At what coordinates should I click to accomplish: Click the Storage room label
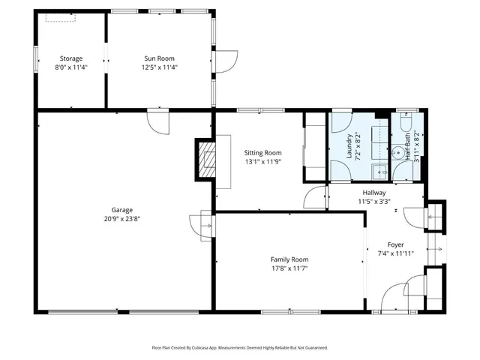[71, 58]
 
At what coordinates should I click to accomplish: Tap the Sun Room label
[160, 58]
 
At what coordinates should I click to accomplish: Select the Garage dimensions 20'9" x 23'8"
[122, 220]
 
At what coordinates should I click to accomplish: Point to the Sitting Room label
[262, 152]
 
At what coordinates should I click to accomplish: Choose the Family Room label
[289, 259]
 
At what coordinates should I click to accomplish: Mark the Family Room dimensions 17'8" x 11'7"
[289, 268]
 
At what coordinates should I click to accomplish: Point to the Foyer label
[396, 245]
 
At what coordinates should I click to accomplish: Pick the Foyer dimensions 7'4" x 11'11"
[396, 254]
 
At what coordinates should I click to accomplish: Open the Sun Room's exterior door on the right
[226, 61]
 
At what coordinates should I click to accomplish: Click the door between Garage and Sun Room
[159, 120]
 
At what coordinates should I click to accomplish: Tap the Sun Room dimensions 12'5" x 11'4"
[160, 67]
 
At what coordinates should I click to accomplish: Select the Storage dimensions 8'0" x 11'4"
[71, 67]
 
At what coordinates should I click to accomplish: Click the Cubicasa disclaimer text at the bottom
[240, 347]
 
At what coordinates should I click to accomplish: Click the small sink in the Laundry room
[380, 172]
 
